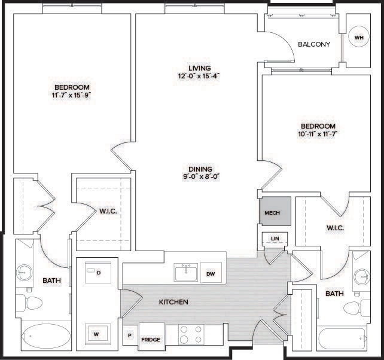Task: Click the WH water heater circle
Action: point(358,38)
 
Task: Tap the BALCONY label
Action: point(314,44)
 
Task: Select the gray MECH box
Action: point(275,212)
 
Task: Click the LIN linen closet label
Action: point(275,239)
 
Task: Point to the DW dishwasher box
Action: point(211,273)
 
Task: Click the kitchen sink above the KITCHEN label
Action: point(185,273)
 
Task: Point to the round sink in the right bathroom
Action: point(361,277)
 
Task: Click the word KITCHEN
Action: point(173,302)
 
